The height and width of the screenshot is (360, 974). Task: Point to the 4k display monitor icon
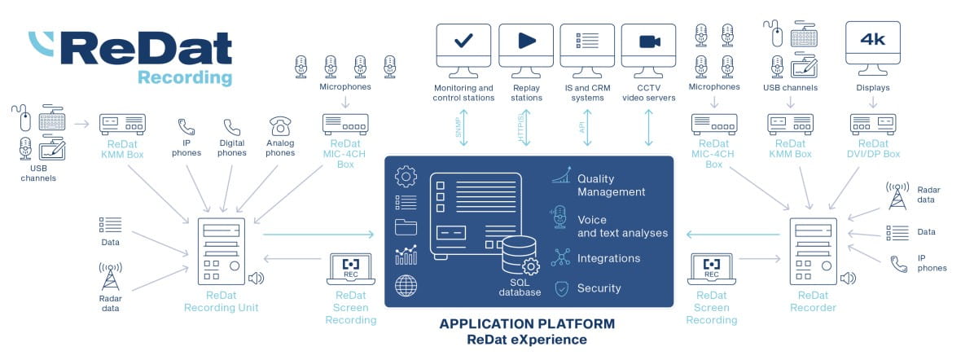873,42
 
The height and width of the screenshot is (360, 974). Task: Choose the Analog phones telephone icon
280,127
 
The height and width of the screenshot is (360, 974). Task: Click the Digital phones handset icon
233,127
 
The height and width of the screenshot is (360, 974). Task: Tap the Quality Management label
611,186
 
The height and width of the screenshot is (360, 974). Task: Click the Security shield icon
561,288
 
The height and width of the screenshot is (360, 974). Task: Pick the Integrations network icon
561,258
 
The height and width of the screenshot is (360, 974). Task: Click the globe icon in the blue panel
406,285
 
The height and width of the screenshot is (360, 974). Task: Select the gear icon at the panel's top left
406,176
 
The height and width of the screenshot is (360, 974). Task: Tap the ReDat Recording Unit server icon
220,251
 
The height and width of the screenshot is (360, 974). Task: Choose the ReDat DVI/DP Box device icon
873,124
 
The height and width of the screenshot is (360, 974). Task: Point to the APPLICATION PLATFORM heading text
527,323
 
